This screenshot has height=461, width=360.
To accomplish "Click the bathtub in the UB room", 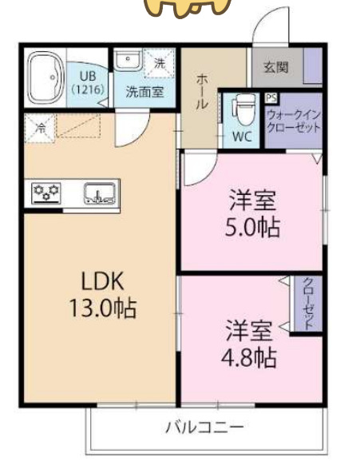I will point(45,78).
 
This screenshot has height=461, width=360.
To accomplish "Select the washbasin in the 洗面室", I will point(128,62).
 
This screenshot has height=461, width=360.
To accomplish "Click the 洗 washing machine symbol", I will point(158,62).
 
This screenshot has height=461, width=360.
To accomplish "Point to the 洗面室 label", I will point(144,91).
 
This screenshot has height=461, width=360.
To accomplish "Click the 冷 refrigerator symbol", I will point(38,126).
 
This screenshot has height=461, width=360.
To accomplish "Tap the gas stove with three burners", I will point(46,192).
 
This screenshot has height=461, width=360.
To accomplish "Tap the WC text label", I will point(242,136).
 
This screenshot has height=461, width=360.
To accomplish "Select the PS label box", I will point(271,98).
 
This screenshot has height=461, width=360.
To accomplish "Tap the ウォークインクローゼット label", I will point(293,121).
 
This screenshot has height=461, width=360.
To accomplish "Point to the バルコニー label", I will point(204,426).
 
